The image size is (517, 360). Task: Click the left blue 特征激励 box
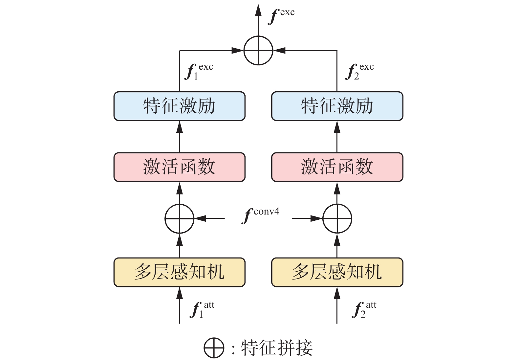(179, 106)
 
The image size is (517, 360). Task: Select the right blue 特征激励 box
(337, 106)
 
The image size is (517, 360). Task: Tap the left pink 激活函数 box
(179, 167)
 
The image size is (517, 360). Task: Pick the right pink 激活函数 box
(337, 167)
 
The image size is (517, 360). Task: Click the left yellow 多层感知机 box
(179, 272)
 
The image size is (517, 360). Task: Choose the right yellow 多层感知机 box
(337, 272)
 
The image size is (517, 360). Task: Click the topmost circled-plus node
(258, 51)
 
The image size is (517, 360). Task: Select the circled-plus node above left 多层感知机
(179, 218)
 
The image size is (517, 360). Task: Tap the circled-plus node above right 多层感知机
(337, 218)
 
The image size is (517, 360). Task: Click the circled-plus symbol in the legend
(214, 348)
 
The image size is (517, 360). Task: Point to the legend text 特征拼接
(277, 348)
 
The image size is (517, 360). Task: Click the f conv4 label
(261, 215)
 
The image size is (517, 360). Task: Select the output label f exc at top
(281, 15)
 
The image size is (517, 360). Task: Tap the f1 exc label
(199, 71)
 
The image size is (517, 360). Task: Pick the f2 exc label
(359, 71)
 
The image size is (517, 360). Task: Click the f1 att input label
(202, 310)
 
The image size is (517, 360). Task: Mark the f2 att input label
(364, 310)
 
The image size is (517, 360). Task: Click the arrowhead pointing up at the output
(258, 11)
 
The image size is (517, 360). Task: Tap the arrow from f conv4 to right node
(307, 218)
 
